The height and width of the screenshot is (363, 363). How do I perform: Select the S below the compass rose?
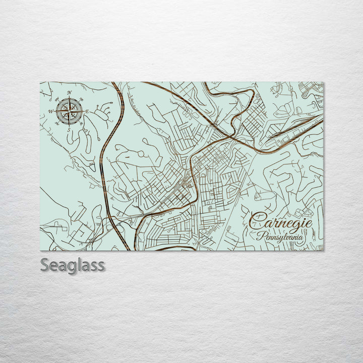click(x=69, y=129)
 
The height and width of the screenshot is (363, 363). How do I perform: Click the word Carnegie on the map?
click(x=281, y=221)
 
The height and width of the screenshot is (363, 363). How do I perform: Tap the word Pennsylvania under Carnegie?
click(x=283, y=235)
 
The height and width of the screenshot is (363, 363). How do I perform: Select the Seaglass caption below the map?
click(x=73, y=265)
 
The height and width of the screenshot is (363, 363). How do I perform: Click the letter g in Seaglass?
click(x=74, y=267)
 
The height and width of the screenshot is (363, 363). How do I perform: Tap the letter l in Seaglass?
click(x=81, y=264)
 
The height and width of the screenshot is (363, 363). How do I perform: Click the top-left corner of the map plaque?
click(x=40, y=82)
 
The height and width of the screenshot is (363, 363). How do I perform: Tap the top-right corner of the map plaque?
click(x=323, y=82)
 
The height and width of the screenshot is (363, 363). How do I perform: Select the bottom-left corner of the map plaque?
click(x=40, y=251)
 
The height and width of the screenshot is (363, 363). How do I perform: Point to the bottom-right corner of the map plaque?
click(x=323, y=251)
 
